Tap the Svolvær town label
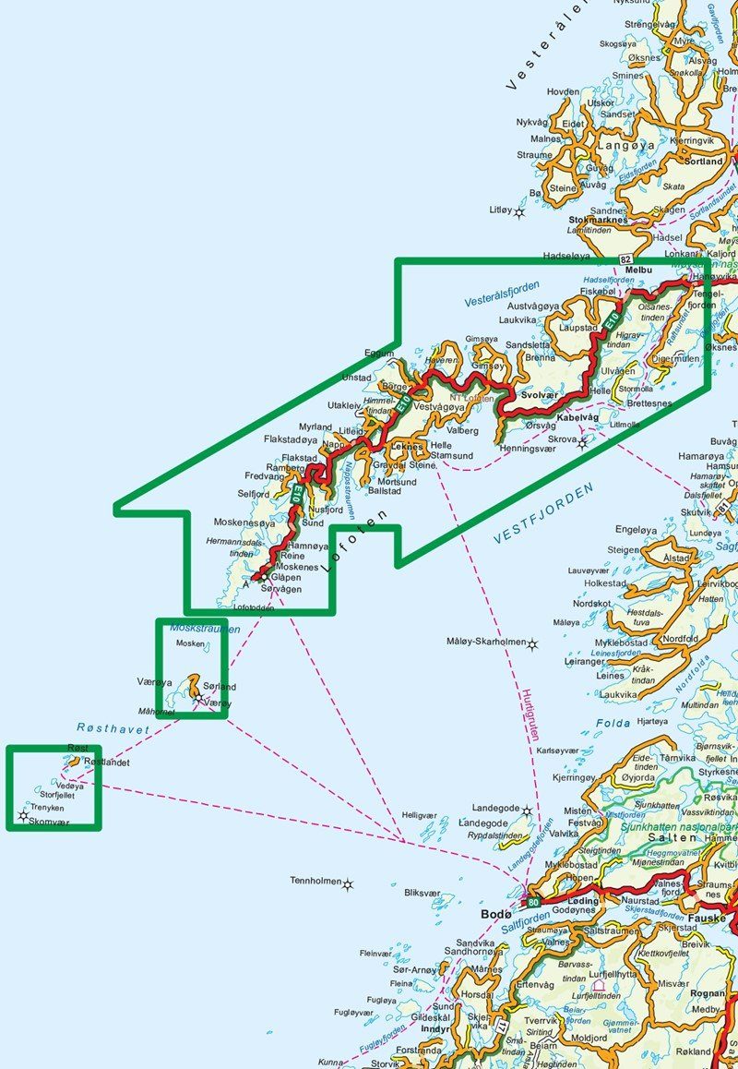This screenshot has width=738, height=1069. click(541, 394)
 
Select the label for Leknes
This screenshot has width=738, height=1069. click(406, 446)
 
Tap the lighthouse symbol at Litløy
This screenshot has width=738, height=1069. click(519, 212)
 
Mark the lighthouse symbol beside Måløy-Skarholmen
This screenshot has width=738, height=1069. click(532, 643)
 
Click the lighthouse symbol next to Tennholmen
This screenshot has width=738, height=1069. click(348, 885)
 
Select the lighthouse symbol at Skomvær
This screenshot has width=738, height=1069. click(23, 816)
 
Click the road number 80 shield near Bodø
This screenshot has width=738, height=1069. click(532, 902)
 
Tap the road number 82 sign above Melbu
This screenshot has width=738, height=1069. click(626, 260)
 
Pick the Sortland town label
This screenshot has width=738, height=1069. click(704, 161)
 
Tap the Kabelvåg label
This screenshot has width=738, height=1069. click(578, 418)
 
